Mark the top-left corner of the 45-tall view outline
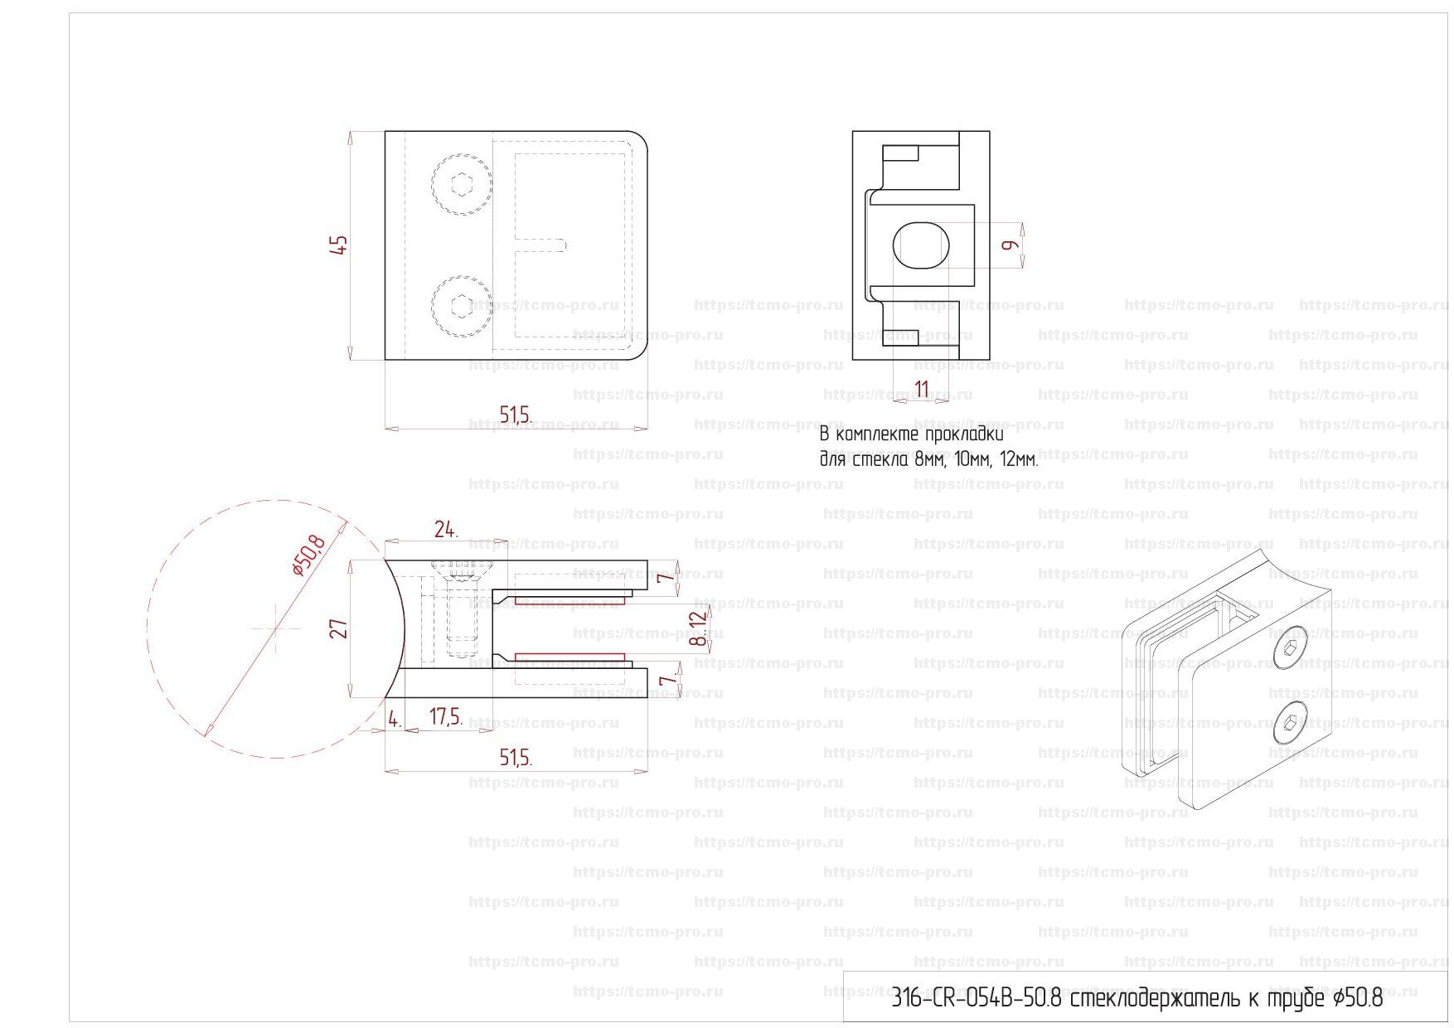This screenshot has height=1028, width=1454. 385,131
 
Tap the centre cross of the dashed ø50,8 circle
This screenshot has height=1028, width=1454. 276,629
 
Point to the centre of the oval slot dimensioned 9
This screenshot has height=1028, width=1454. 920,245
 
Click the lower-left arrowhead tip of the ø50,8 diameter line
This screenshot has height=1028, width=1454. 205,735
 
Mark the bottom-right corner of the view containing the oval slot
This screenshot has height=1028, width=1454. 989,359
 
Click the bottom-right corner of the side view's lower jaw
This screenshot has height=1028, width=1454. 647,697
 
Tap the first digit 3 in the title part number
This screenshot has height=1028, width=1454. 896,998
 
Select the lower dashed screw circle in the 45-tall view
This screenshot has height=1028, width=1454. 461,306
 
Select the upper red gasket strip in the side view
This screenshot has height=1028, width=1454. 570,600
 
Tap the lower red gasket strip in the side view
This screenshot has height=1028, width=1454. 570,657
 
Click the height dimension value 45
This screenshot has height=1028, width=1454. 339,245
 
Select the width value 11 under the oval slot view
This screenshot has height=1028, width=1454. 921,389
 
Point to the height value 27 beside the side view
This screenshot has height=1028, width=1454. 338,628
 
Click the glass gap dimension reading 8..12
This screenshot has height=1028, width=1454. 700,628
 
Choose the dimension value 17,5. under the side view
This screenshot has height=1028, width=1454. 446,717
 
